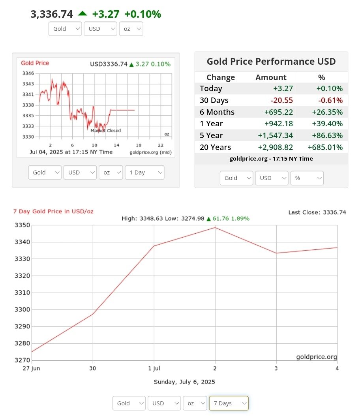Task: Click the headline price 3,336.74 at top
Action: tap(52, 14)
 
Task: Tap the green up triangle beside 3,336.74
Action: tap(82, 13)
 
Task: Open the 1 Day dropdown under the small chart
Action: tap(144, 172)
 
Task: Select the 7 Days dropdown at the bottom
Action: tap(229, 403)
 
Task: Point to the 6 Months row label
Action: tap(217, 112)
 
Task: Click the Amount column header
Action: tap(271, 77)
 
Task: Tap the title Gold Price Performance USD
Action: tap(271, 62)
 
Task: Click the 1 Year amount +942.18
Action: tap(278, 124)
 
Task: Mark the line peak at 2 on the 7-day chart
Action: tap(215, 227)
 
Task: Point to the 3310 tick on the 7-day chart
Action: tap(22, 293)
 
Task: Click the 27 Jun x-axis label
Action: tap(32, 368)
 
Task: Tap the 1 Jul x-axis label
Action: tap(154, 368)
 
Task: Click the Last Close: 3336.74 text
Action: tap(317, 212)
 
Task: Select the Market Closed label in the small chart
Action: tap(105, 131)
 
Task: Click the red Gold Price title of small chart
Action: tap(35, 63)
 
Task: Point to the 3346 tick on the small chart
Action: tap(28, 73)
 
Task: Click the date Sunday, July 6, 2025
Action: tap(184, 382)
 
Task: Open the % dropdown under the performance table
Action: tap(307, 178)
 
